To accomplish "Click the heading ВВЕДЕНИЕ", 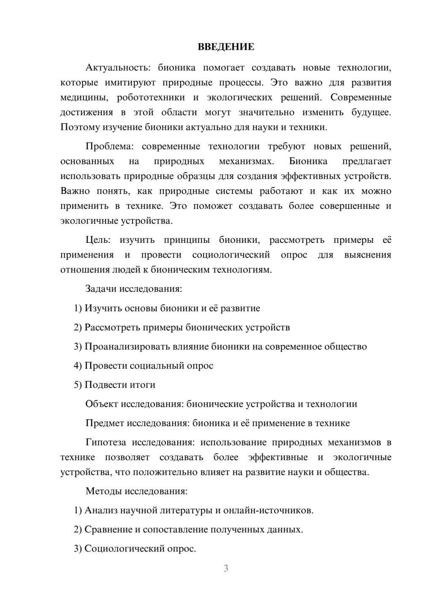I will (x=226, y=47).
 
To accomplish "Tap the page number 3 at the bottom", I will (x=226, y=568).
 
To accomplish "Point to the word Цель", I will (x=98, y=240).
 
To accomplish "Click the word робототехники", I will (x=151, y=98).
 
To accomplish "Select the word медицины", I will (x=84, y=98).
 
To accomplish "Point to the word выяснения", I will (x=368, y=255).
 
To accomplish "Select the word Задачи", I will (x=101, y=289).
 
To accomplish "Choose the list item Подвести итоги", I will (x=120, y=385).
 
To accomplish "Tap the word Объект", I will (x=102, y=404).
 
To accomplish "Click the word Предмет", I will (x=105, y=423).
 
